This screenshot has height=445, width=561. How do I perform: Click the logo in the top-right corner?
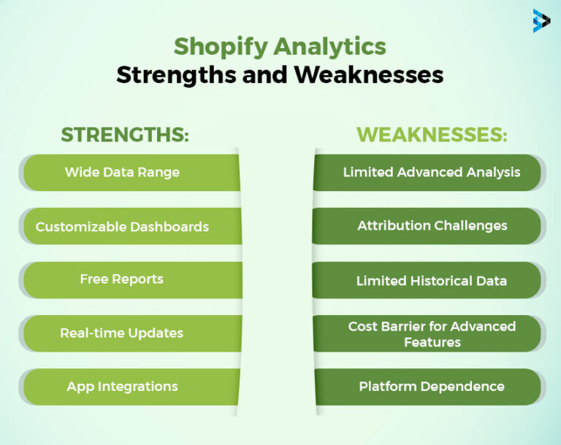point(541,20)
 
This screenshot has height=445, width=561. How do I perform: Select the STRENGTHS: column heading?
point(125,135)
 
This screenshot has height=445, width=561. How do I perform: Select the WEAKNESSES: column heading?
point(432,135)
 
